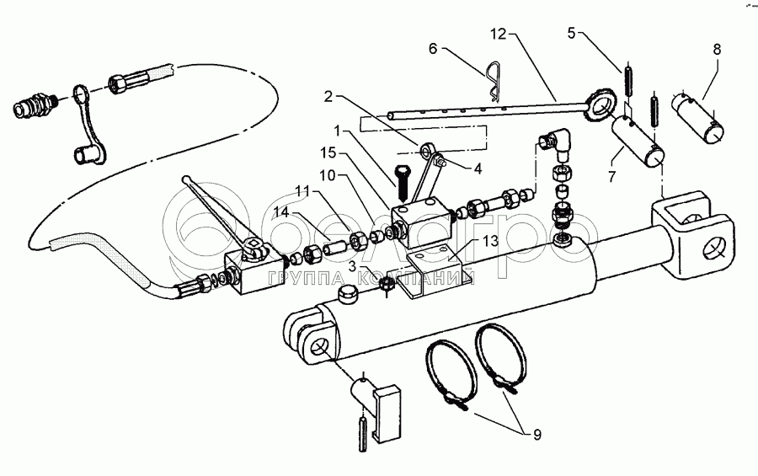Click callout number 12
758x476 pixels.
coord(498,35)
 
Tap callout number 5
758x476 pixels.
coord(572,34)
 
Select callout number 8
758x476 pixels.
coord(717,50)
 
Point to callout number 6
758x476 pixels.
coord(433,48)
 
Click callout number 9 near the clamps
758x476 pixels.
coord(536,435)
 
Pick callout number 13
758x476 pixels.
coord(490,242)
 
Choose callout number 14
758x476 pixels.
coord(281,211)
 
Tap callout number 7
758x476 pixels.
coord(612,177)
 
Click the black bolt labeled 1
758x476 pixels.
coord(401,184)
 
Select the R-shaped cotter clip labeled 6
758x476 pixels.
coord(493,81)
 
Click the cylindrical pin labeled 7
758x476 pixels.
coord(638,143)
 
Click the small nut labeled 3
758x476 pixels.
coord(387,285)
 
